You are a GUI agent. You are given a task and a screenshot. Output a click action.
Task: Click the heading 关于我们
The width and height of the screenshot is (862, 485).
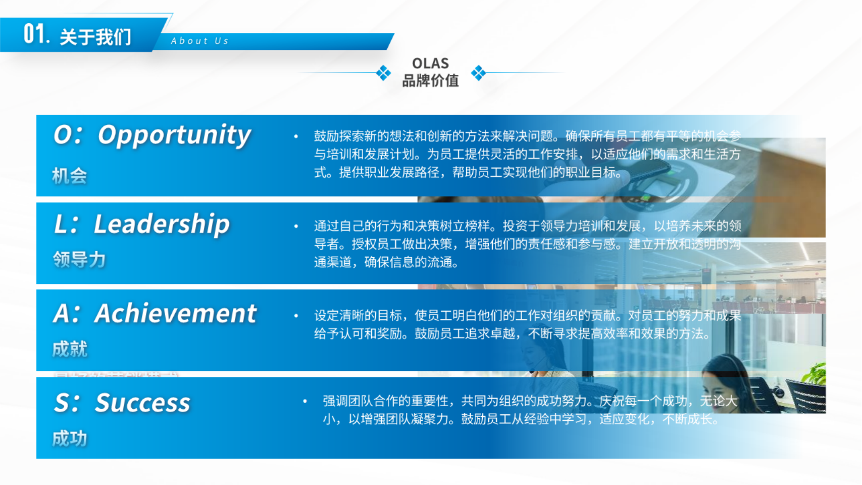click(x=96, y=37)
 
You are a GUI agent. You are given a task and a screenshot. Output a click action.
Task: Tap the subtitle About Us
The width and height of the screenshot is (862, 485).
click(x=200, y=41)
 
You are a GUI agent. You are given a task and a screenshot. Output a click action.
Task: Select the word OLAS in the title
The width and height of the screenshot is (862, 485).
click(x=430, y=63)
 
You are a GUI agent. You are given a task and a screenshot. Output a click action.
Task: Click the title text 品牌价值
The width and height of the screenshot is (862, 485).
click(x=430, y=81)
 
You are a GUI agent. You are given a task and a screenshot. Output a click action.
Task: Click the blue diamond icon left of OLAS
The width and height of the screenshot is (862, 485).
click(x=383, y=73)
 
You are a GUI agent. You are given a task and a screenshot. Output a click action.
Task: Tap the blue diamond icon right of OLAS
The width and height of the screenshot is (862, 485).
click(x=478, y=73)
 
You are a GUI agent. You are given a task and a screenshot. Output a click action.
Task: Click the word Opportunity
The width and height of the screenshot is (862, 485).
click(x=174, y=135)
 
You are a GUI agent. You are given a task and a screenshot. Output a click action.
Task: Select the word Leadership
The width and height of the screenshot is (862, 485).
click(x=162, y=224)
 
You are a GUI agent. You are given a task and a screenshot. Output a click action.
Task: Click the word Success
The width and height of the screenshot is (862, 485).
click(x=142, y=403)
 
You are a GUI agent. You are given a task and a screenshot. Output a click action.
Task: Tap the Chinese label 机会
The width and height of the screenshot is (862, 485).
click(x=70, y=176)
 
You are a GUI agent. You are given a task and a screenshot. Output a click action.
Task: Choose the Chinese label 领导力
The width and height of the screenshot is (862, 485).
click(x=79, y=260)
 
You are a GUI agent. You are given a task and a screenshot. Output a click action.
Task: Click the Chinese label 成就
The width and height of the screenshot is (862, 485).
click(x=70, y=349)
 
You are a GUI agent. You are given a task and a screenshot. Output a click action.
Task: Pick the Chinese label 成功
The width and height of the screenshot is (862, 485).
click(x=70, y=439)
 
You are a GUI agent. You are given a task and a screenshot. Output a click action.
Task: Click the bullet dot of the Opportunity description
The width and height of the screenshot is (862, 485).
click(x=296, y=136)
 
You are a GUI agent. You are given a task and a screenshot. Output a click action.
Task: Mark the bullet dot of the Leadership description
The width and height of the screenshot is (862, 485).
click(x=296, y=226)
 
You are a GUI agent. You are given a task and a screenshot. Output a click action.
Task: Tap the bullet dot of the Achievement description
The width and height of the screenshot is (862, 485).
click(x=296, y=316)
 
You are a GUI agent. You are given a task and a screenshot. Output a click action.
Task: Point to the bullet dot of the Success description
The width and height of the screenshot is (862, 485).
click(x=305, y=402)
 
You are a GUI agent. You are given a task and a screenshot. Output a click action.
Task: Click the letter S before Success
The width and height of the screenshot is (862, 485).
click(x=62, y=403)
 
